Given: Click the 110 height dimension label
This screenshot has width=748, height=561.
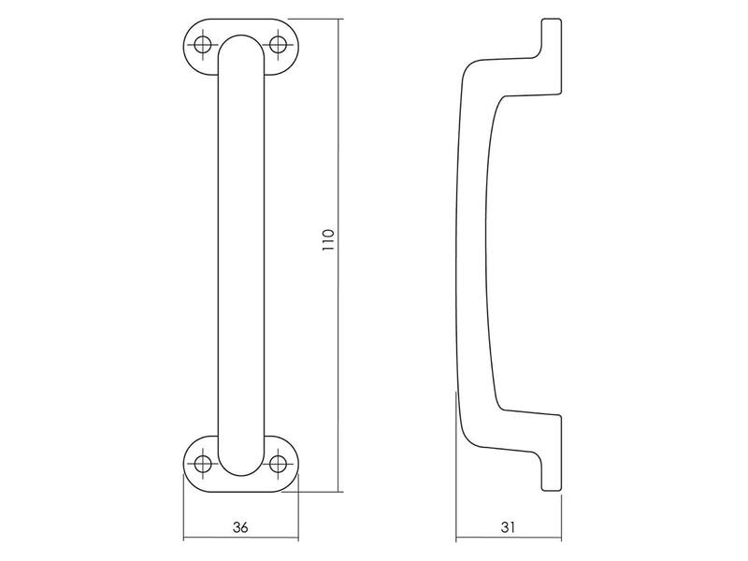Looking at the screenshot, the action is click(328, 241).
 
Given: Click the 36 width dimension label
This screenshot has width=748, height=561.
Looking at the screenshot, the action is click(240, 527).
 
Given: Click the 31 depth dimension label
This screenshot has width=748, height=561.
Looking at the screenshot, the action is click(508, 527).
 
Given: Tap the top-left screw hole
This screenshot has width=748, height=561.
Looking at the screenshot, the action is click(203, 46).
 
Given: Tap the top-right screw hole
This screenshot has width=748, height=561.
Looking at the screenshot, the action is click(278, 46).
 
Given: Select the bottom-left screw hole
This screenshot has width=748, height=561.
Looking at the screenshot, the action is click(203, 463).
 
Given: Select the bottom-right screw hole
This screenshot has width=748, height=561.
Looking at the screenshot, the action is click(278, 463).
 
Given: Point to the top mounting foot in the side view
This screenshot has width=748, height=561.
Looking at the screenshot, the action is click(551, 52).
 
